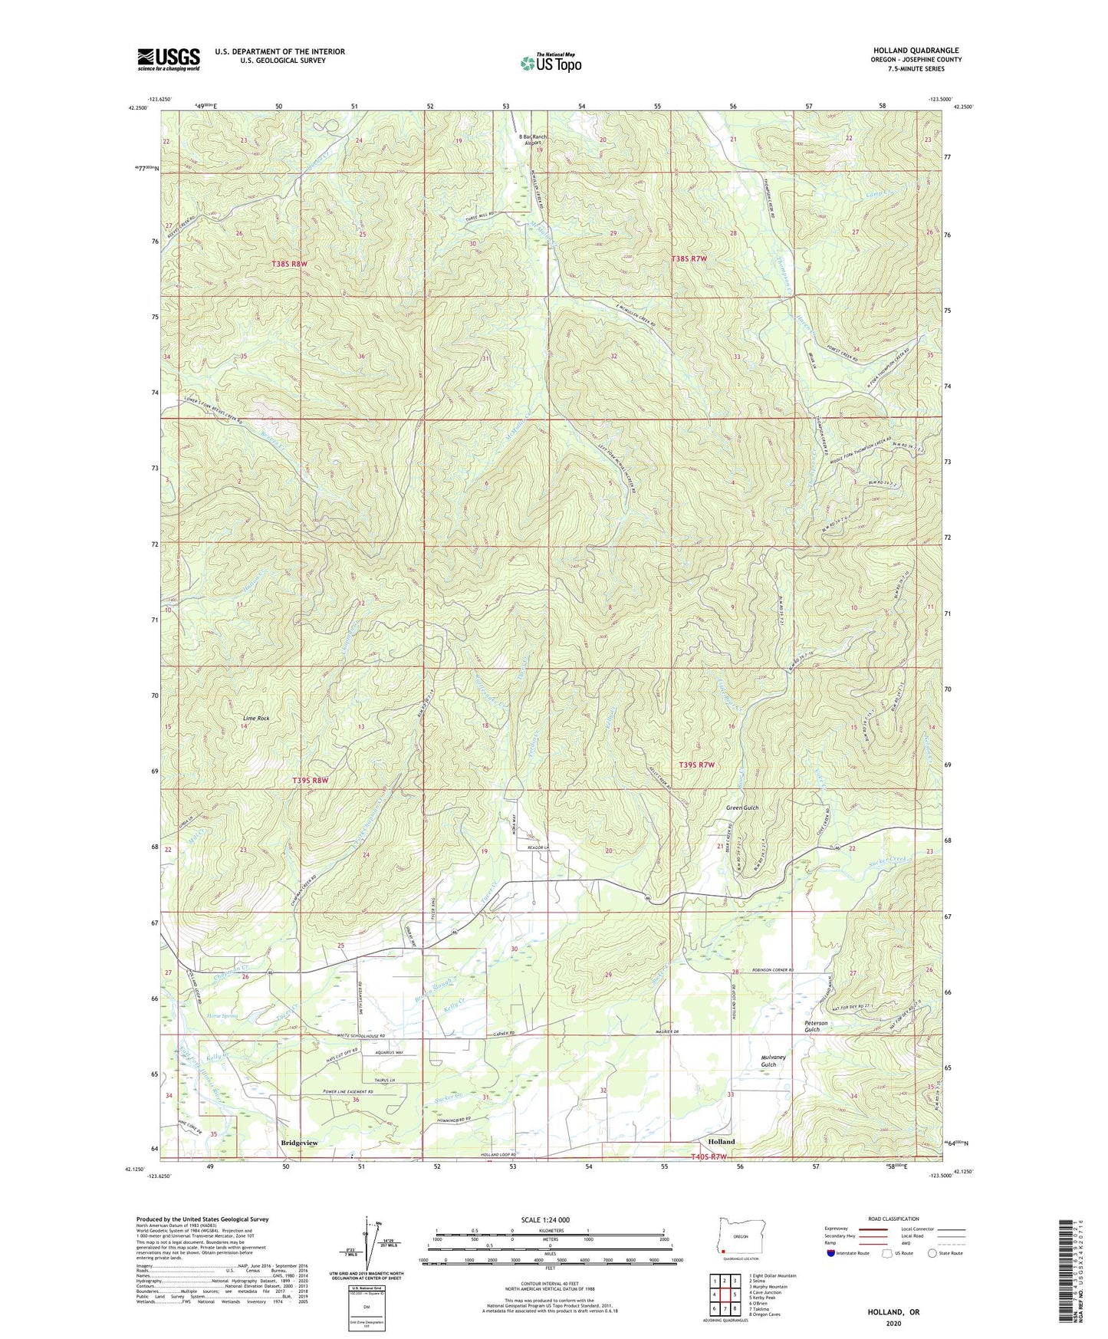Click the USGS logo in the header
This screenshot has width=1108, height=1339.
tap(168, 59)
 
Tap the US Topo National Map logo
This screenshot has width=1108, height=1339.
tap(550, 63)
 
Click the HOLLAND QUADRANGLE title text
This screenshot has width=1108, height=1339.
tap(916, 51)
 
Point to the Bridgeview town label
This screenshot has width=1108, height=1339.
tap(298, 1143)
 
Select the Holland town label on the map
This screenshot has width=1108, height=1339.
tap(721, 1141)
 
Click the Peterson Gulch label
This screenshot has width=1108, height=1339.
tap(816, 1026)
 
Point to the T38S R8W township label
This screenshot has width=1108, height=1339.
tap(289, 264)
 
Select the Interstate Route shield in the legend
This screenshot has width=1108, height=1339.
tap(832, 1253)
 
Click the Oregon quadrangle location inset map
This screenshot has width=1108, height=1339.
tap(739, 1239)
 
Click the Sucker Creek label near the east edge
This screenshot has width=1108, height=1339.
tap(890, 862)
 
